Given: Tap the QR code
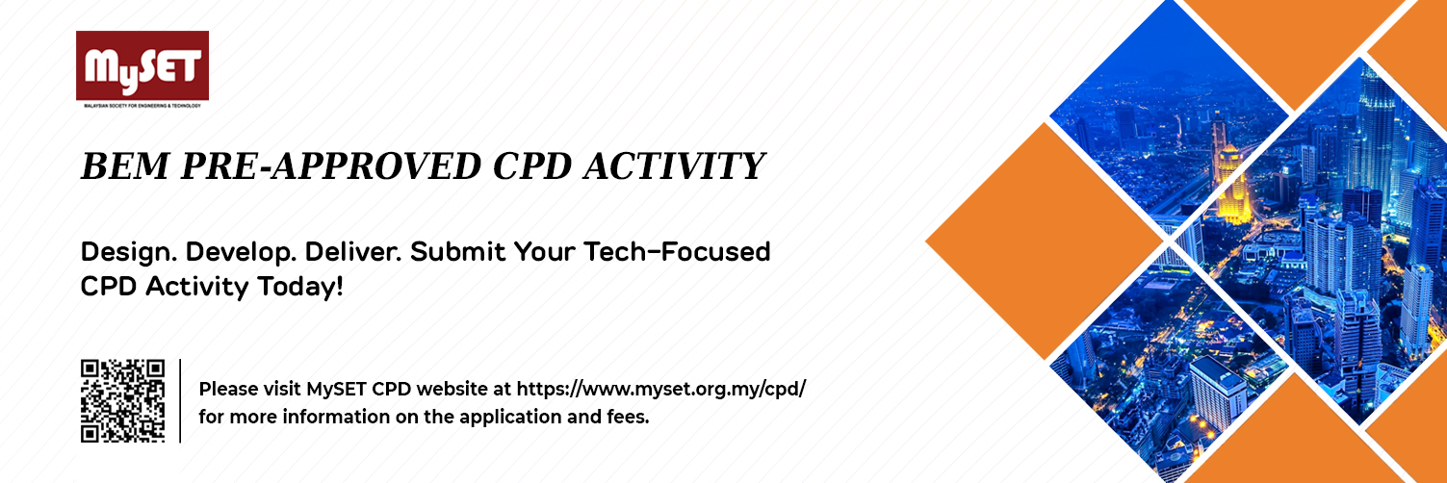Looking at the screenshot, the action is coord(122,401).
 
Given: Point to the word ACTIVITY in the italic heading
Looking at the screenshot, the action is coord(674,165).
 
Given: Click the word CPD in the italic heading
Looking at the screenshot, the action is coord(532,165).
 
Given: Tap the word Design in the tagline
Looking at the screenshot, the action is coord(129,252).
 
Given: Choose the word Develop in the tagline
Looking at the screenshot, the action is coord(242,252).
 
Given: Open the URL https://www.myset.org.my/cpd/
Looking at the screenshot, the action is coord(661,390).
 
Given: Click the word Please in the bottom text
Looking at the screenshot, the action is coord(227,390).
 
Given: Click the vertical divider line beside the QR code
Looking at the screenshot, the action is coord(180,401).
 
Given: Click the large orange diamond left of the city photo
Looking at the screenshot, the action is coord(1045,241).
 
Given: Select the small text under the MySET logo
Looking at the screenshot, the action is coord(142,105).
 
